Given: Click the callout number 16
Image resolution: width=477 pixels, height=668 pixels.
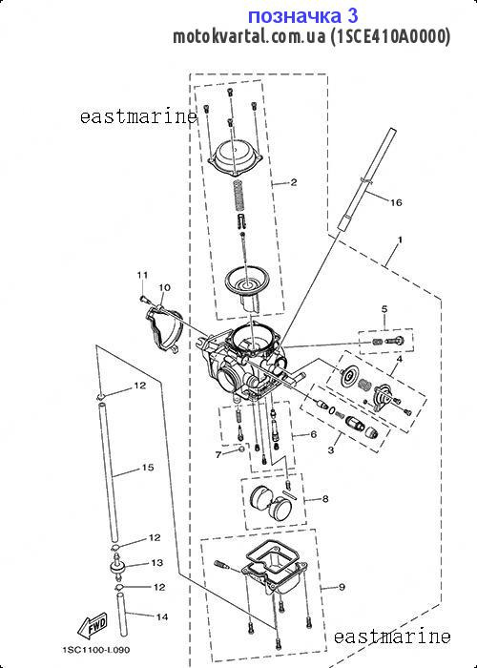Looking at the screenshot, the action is coord(396,202).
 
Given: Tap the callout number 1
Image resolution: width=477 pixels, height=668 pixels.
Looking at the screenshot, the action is coord(400,240).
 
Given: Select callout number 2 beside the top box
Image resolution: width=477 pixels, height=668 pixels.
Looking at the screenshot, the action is coord(294,183).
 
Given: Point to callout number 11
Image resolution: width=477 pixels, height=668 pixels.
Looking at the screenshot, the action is coord(142,275).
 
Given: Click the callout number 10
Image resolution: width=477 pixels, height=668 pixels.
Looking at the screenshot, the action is coord(164,287).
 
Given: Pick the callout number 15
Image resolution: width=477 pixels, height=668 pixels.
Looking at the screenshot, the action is coord(148,468).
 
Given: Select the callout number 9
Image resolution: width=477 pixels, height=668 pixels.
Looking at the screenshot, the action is coord(342,588).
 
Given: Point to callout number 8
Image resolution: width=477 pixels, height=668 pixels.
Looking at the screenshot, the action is coord(325,499).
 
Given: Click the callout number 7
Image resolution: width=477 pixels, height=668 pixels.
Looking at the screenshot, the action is coord(218,455).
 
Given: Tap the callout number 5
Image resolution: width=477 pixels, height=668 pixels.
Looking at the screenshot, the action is coord(384,309).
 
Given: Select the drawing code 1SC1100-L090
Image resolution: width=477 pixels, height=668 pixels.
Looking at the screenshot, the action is coord(96,650).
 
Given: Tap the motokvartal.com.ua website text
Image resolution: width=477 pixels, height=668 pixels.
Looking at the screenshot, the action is coord(250,36).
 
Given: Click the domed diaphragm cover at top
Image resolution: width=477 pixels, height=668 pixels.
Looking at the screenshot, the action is coord(235,159).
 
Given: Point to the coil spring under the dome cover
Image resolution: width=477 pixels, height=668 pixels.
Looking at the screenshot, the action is coord(240,195).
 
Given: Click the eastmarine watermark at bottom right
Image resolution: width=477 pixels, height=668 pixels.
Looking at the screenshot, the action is coord(392,637).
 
